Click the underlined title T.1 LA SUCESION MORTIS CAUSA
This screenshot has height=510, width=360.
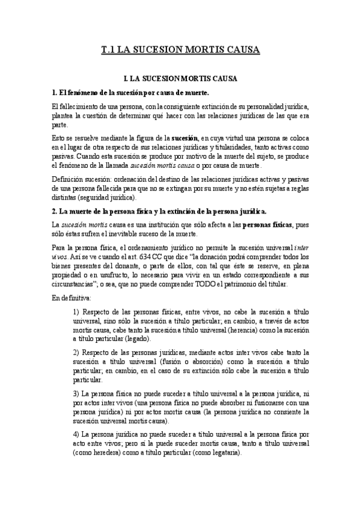click(x=180, y=51)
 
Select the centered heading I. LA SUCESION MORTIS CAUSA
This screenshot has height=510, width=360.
click(x=180, y=79)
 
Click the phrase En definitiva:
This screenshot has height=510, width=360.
click(x=71, y=298)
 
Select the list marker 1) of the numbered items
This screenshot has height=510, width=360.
click(x=76, y=313)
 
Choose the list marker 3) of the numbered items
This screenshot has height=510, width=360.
click(x=76, y=393)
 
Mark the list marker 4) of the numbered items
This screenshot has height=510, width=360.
click(x=76, y=433)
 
